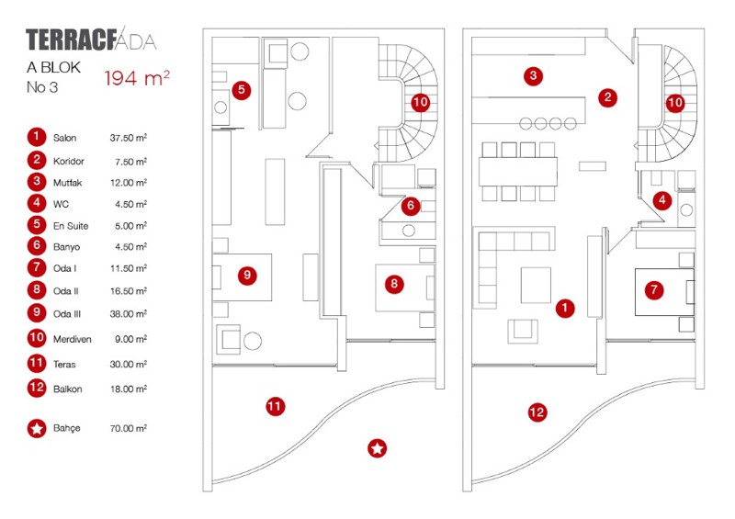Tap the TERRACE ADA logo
[91, 40]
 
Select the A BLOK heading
[54, 68]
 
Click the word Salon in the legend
[64, 139]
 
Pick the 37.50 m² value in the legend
[129, 139]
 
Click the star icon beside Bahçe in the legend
[36, 428]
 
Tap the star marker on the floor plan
[377, 448]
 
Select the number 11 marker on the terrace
[274, 405]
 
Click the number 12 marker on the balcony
[537, 413]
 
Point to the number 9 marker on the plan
[245, 275]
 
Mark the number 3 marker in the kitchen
[532, 75]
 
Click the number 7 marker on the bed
[654, 290]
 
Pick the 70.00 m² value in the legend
[129, 429]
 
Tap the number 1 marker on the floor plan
[566, 309]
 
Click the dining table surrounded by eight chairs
[517, 171]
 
